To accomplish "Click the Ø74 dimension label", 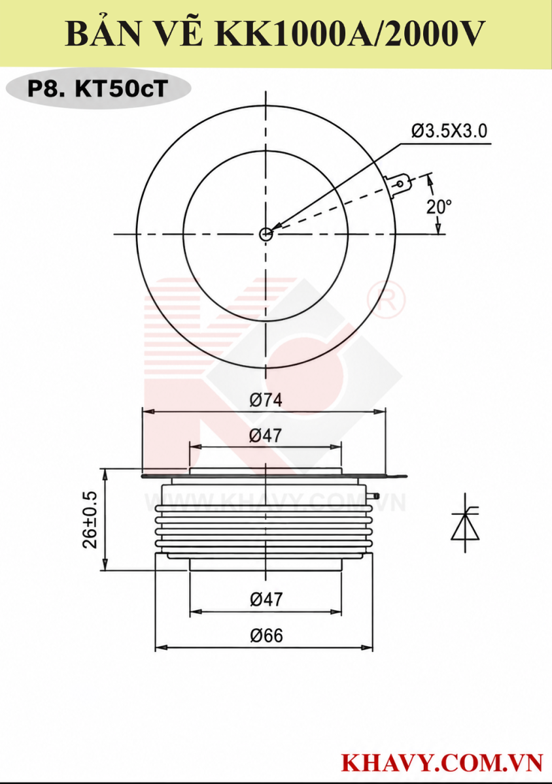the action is point(266,400).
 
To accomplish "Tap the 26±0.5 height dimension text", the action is point(90,520).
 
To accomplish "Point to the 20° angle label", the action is point(439,207).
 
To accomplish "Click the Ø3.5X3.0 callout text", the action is point(449,131).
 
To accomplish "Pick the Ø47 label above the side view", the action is point(266,436).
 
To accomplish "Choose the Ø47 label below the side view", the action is point(266,600).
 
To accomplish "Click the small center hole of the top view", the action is point(266,234).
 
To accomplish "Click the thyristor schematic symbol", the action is point(466,523).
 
